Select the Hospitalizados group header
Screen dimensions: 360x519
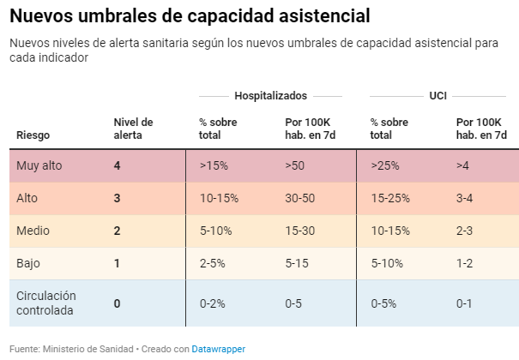tap(270, 96)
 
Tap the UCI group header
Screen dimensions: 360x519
tap(438, 96)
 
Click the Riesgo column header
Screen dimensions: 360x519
tap(33, 135)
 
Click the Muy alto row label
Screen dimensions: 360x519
tap(39, 165)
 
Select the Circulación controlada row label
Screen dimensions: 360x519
tap(46, 303)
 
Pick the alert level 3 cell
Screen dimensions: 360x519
tap(118, 198)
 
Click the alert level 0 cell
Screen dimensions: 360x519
tap(118, 303)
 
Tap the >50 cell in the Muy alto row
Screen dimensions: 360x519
tap(296, 165)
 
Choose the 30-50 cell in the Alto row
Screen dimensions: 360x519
tap(300, 198)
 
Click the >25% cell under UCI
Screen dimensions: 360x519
tap(385, 165)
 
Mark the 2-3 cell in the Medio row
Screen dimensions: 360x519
tap(465, 231)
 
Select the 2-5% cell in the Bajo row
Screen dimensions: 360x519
tap(213, 263)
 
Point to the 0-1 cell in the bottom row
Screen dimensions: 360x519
tap(465, 303)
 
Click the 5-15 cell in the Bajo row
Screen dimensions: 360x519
tap(298, 263)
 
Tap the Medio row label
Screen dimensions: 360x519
tap(33, 231)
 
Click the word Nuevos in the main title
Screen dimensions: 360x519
tap(42, 15)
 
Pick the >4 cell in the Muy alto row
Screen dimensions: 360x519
tap(462, 165)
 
